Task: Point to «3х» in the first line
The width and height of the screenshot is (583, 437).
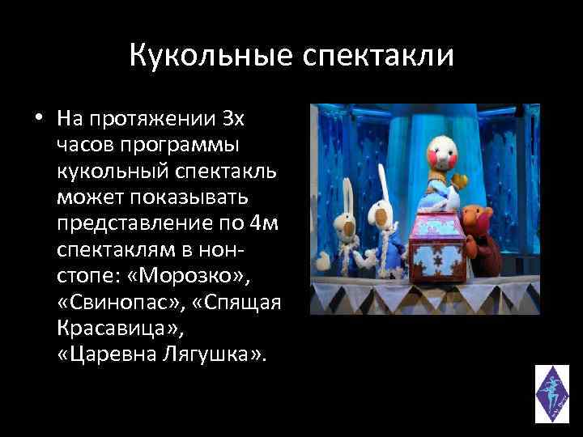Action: pos(232,120)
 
